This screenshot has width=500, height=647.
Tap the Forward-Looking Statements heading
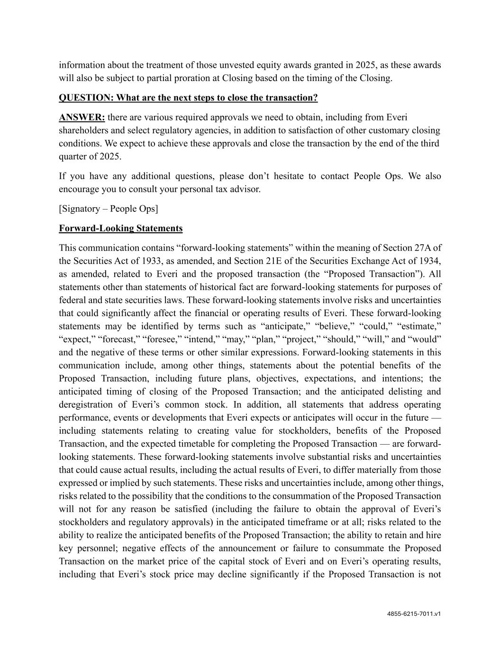[120, 228]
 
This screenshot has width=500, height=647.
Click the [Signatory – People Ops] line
[109, 209]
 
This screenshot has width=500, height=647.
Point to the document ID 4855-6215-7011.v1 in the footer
[414, 614]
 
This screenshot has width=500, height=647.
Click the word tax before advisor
[222, 189]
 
